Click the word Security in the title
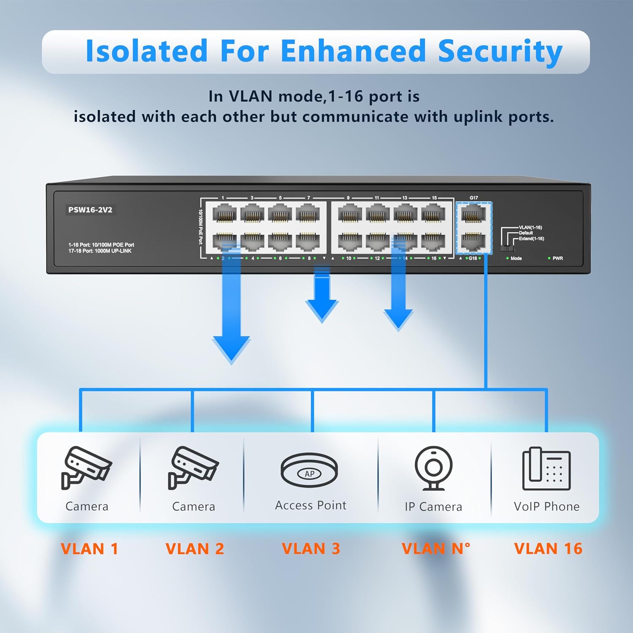[x=500, y=51]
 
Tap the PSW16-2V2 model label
[x=90, y=210]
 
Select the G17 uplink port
[x=473, y=214]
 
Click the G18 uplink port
[x=473, y=241]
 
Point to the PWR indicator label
[x=557, y=258]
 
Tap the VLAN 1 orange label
[x=89, y=549]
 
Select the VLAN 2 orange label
[x=195, y=549]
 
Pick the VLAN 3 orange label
[x=311, y=549]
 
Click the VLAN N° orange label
[x=436, y=549]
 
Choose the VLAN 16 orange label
[x=548, y=549]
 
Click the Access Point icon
[x=309, y=471]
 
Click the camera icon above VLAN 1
[x=86, y=468]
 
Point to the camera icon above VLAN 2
[x=193, y=468]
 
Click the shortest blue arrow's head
[x=322, y=310]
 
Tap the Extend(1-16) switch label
[x=531, y=239]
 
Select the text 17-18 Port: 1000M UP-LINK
[x=100, y=251]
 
